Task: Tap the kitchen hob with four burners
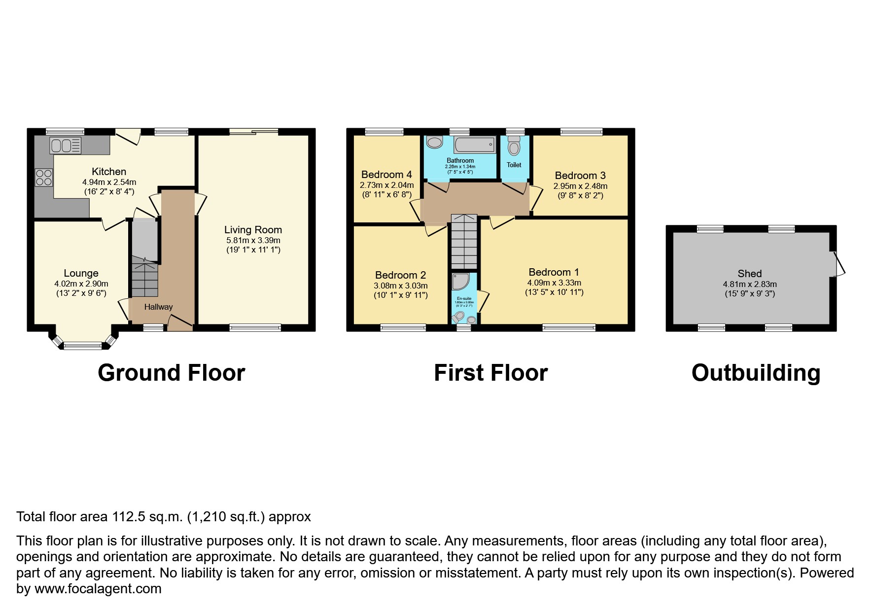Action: (x=43, y=178)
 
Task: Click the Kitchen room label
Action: (x=109, y=172)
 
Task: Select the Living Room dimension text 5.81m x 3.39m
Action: (x=253, y=240)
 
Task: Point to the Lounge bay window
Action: (x=83, y=345)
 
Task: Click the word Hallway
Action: (x=158, y=307)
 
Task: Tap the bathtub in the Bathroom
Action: (x=475, y=145)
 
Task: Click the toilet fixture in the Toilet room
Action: (x=514, y=146)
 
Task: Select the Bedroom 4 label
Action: (x=386, y=175)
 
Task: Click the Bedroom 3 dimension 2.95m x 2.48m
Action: (x=580, y=186)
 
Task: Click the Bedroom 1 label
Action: (x=554, y=272)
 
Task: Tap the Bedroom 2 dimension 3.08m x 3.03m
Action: (x=400, y=286)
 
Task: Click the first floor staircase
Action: (x=464, y=241)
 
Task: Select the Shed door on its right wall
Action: (x=838, y=264)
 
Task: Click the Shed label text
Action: (x=749, y=274)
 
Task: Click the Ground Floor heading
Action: (x=171, y=373)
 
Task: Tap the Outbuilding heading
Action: (x=756, y=373)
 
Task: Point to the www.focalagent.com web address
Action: (x=98, y=589)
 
